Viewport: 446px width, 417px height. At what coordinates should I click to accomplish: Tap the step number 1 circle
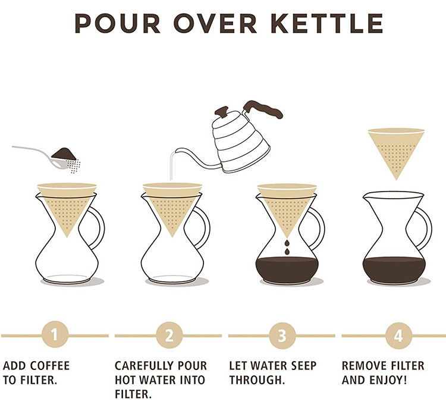click(54, 336)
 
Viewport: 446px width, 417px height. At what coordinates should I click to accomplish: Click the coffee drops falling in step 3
click(287, 247)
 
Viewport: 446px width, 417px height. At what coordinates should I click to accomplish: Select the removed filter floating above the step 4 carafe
click(395, 149)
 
